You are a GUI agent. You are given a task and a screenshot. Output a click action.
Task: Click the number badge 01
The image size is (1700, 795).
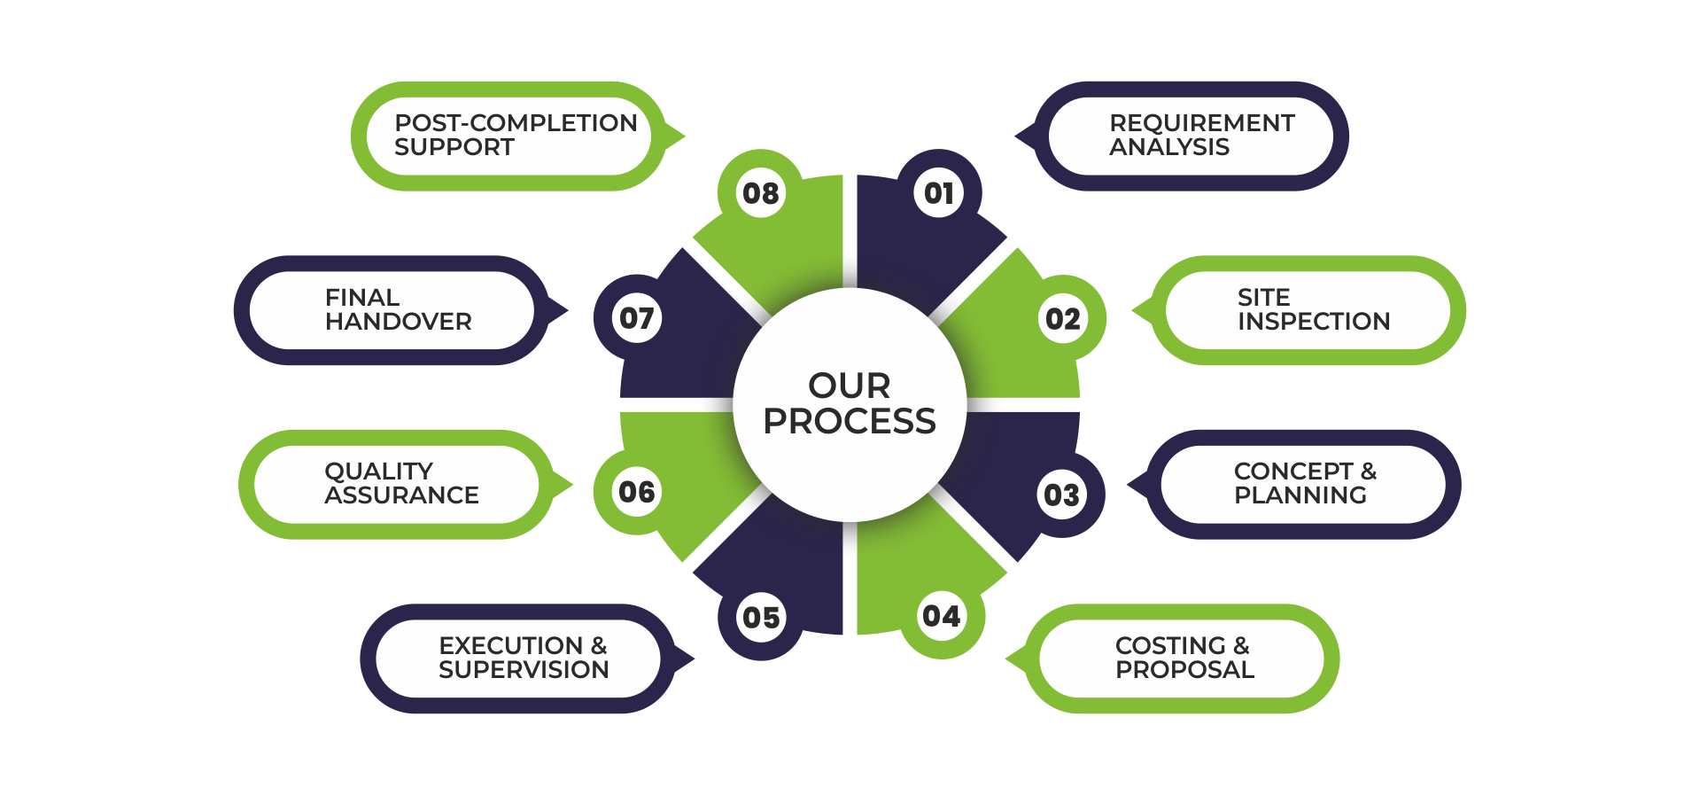[x=939, y=193]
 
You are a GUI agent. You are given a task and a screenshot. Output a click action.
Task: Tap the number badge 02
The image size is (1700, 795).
[x=1062, y=319]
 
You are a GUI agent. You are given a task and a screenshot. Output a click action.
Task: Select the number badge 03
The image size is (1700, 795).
[x=1061, y=495]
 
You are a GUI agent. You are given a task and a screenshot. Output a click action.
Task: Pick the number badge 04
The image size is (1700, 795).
[x=941, y=616]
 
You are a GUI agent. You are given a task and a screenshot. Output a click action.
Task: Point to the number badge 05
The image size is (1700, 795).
[x=761, y=618]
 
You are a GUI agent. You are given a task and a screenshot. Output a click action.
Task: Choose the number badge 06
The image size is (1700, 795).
[x=637, y=492]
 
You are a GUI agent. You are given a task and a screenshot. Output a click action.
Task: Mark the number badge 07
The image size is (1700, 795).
[x=637, y=318]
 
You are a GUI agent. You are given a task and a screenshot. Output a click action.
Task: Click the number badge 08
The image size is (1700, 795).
[x=761, y=193]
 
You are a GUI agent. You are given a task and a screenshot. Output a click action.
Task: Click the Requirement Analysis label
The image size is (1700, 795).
[x=1200, y=135]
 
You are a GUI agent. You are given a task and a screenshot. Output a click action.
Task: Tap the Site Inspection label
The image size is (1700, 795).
[x=1313, y=309]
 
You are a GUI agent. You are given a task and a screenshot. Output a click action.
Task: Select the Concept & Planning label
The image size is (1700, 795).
[x=1304, y=483]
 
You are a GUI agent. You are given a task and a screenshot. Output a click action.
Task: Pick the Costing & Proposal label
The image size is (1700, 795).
[x=1184, y=658]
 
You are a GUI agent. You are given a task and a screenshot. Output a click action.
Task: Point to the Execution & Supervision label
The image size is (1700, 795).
[x=523, y=658]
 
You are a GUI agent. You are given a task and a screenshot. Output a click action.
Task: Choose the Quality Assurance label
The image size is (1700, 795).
[x=400, y=483]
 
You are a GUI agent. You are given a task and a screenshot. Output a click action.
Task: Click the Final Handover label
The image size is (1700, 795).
[x=397, y=309]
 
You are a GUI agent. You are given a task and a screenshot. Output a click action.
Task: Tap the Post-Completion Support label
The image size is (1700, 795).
[x=515, y=135]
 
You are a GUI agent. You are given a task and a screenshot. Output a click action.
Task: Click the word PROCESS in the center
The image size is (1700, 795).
[x=850, y=422]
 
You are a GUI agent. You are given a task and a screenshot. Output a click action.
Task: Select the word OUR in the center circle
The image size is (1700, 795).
[x=850, y=386]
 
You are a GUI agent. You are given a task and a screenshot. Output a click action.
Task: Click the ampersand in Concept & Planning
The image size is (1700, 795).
[x=1369, y=472]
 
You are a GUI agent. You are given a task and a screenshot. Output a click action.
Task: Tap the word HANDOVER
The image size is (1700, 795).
[x=399, y=322]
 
